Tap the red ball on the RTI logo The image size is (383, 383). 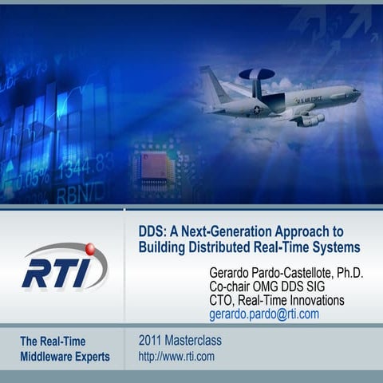[x=89, y=249]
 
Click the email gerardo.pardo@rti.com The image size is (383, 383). [x=264, y=314]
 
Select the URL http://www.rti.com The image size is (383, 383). [x=176, y=357]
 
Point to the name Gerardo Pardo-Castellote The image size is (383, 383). [x=264, y=272]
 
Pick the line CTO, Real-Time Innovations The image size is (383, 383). [x=276, y=300]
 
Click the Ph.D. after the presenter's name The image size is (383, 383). [x=346, y=272]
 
